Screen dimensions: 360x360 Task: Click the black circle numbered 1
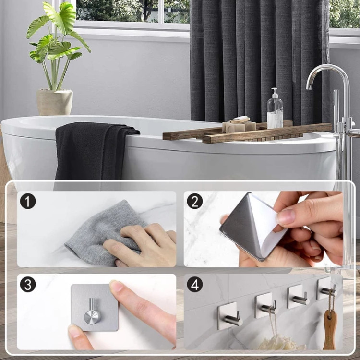28,201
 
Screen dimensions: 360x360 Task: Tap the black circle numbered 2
195,201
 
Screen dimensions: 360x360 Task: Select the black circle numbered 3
28,285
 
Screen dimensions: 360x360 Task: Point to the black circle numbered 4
195,285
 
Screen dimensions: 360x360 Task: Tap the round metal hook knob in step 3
92,316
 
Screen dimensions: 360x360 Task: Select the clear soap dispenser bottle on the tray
275,109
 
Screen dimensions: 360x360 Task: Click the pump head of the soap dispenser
275,92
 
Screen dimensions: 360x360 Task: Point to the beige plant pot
55,102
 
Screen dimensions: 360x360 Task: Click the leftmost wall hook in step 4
229,316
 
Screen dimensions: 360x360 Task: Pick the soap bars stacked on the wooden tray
239,125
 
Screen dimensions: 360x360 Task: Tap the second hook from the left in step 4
266,305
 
